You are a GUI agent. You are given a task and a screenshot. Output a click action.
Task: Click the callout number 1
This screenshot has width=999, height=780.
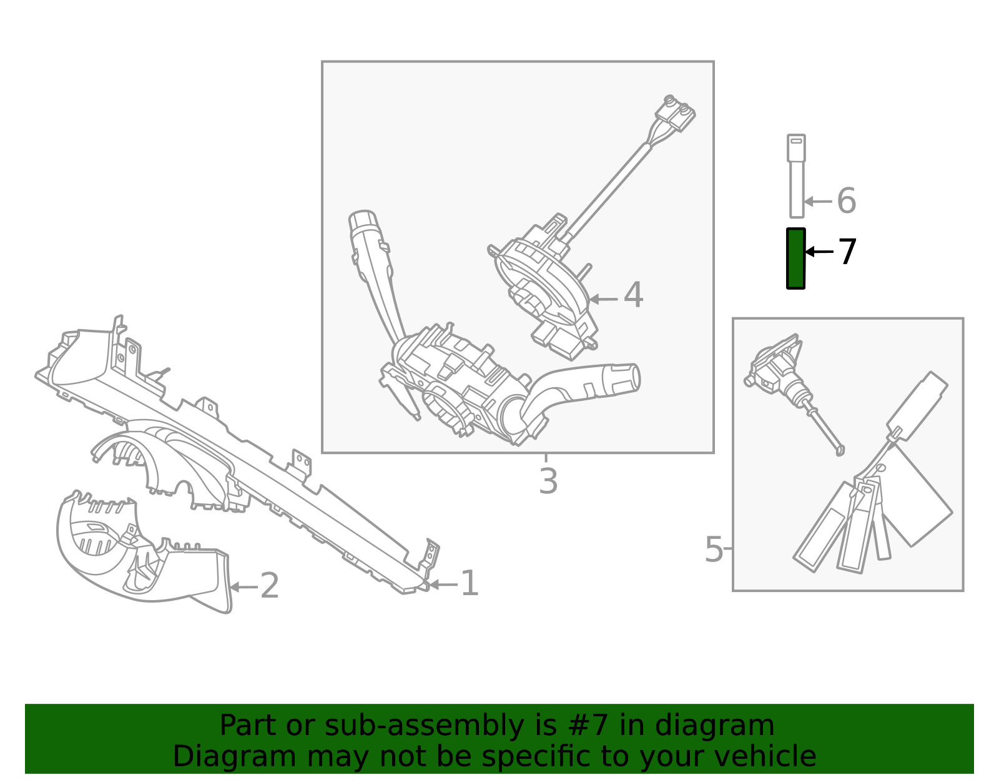(x=470, y=584)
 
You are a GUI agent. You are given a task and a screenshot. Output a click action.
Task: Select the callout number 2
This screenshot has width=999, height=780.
(x=269, y=586)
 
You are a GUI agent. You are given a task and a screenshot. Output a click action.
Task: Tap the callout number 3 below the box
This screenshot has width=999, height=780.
(x=548, y=481)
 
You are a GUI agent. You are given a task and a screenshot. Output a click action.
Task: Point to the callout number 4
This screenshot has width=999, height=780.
(x=634, y=295)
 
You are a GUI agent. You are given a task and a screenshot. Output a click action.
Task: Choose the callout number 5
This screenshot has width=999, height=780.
(x=714, y=550)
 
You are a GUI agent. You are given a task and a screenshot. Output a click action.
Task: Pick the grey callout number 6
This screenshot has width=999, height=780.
(x=847, y=201)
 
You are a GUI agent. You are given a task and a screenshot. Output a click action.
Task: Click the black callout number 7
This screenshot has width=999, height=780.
(x=847, y=252)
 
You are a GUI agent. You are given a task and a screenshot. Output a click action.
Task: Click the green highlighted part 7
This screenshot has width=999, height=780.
(x=796, y=259)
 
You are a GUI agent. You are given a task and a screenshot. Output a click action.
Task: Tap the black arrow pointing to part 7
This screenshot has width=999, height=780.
(x=819, y=252)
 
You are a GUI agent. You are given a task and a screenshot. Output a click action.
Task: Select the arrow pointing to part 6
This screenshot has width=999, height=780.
(x=819, y=201)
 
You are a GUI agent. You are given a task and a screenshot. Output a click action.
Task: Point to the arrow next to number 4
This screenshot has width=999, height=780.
(x=603, y=299)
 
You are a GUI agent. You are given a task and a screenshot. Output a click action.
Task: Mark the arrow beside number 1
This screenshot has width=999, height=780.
(x=443, y=585)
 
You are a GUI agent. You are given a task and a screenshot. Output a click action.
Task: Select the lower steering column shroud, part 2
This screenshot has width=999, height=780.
(x=142, y=551)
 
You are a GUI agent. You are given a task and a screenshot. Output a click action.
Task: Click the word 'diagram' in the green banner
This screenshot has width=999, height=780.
(x=714, y=725)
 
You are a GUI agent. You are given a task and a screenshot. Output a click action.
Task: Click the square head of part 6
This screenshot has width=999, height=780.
(x=796, y=148)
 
